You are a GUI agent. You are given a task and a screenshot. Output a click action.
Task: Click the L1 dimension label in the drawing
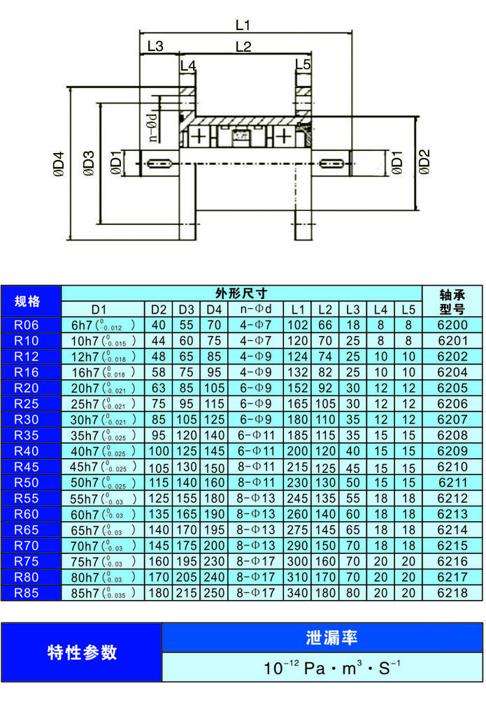243,25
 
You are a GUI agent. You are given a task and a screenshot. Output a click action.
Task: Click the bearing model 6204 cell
452,372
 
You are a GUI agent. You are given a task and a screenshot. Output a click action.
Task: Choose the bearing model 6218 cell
452,593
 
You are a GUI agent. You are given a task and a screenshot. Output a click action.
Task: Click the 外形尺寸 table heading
241,293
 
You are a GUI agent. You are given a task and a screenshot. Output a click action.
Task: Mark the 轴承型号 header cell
452,302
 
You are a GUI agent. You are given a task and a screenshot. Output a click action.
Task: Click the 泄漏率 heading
322,637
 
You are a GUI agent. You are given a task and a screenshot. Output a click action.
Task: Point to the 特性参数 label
82,652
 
